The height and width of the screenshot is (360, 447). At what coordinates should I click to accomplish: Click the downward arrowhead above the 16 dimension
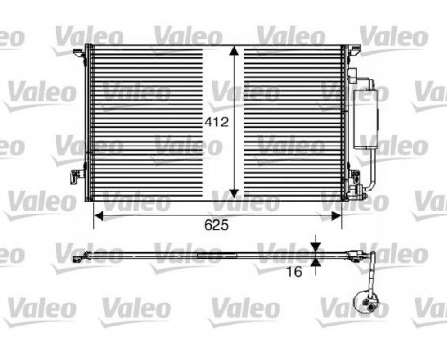(x=316, y=247)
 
